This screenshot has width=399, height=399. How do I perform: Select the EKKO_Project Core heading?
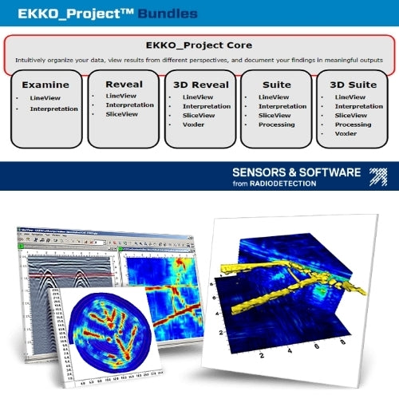(199, 46)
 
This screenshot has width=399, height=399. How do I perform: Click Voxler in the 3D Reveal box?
(194, 124)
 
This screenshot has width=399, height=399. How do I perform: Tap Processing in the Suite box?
(276, 124)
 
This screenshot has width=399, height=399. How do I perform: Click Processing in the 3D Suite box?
(353, 124)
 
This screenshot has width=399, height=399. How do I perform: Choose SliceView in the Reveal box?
(122, 115)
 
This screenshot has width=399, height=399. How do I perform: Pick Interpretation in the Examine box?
(54, 108)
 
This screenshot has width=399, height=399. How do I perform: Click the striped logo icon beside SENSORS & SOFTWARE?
(377, 176)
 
